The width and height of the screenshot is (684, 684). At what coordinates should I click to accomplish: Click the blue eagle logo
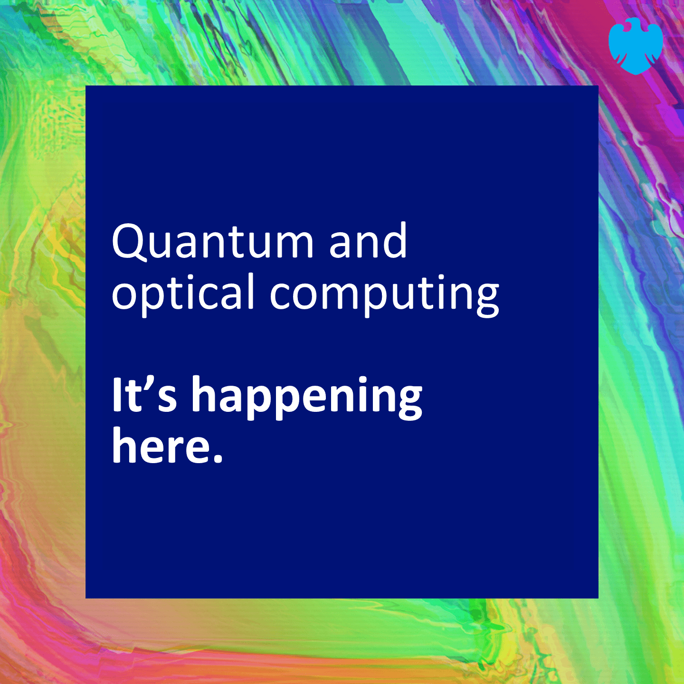click(636, 46)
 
